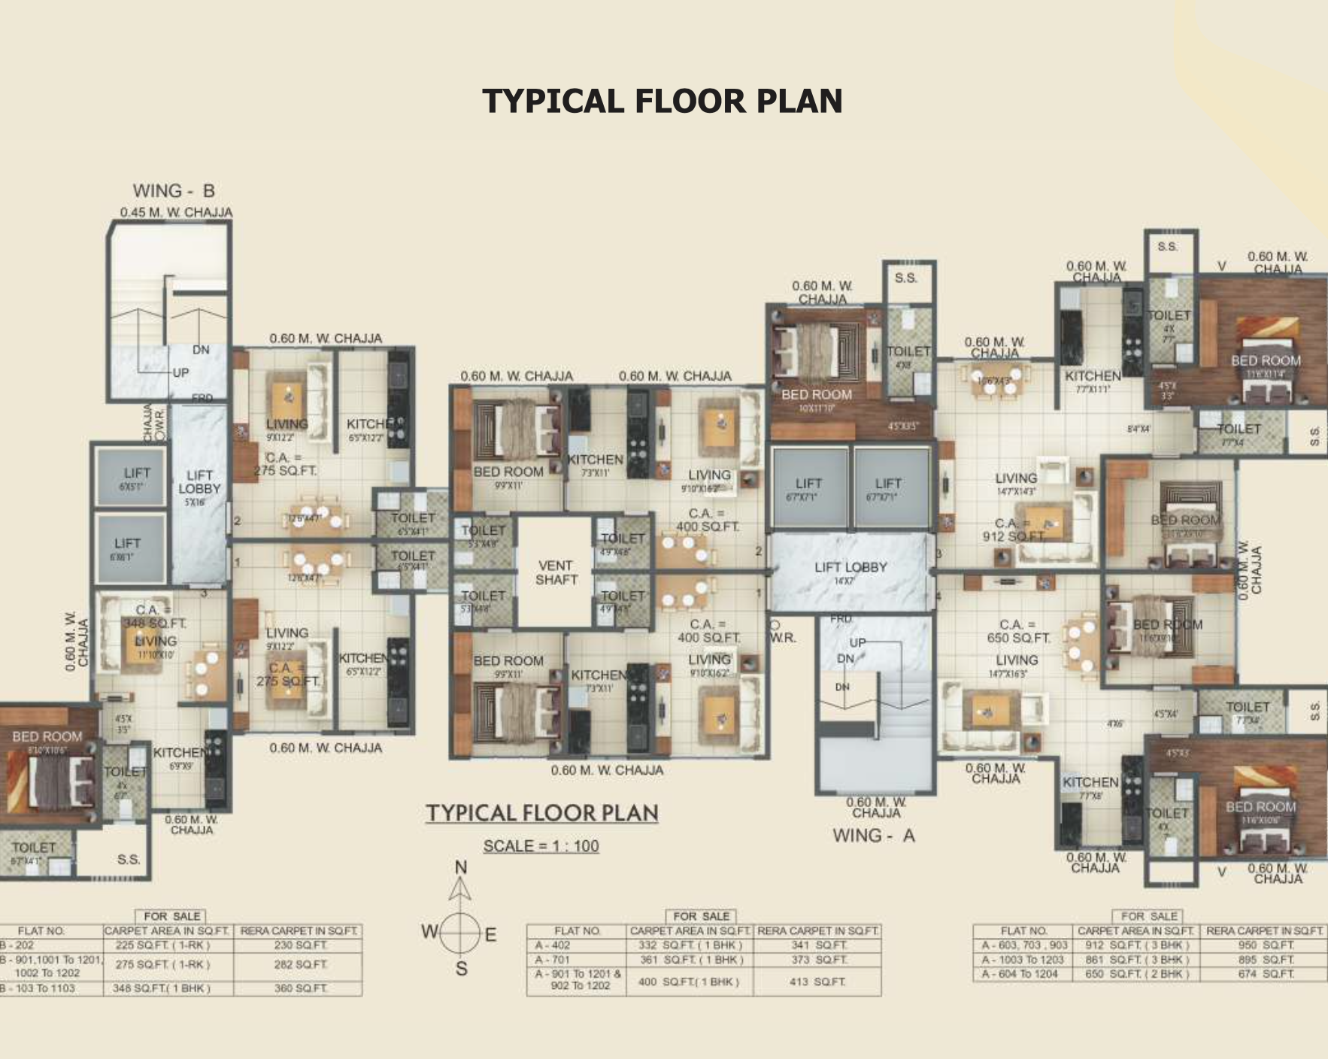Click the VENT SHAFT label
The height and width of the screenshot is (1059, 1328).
pyautogui.click(x=556, y=572)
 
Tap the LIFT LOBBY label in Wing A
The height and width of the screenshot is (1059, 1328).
pyautogui.click(x=850, y=567)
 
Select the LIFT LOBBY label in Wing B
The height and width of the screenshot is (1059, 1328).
pyautogui.click(x=199, y=481)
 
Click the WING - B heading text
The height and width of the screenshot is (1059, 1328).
pyautogui.click(x=174, y=191)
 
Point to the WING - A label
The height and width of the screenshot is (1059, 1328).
pyautogui.click(x=873, y=836)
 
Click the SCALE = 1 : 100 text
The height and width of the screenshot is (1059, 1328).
pyautogui.click(x=541, y=846)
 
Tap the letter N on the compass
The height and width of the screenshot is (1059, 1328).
pyautogui.click(x=461, y=867)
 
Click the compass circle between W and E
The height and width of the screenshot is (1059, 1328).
pyautogui.click(x=460, y=933)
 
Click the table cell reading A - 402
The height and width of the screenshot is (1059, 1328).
pyautogui.click(x=553, y=945)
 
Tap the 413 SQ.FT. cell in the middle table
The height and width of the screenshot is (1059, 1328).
pyautogui.click(x=817, y=982)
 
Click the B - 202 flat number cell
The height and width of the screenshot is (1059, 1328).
pyautogui.click(x=18, y=945)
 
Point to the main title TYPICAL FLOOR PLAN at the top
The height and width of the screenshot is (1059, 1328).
pyautogui.click(x=662, y=101)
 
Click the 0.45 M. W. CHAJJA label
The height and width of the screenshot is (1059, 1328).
pyautogui.click(x=176, y=213)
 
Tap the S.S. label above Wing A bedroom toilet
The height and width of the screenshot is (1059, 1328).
pyautogui.click(x=905, y=278)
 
